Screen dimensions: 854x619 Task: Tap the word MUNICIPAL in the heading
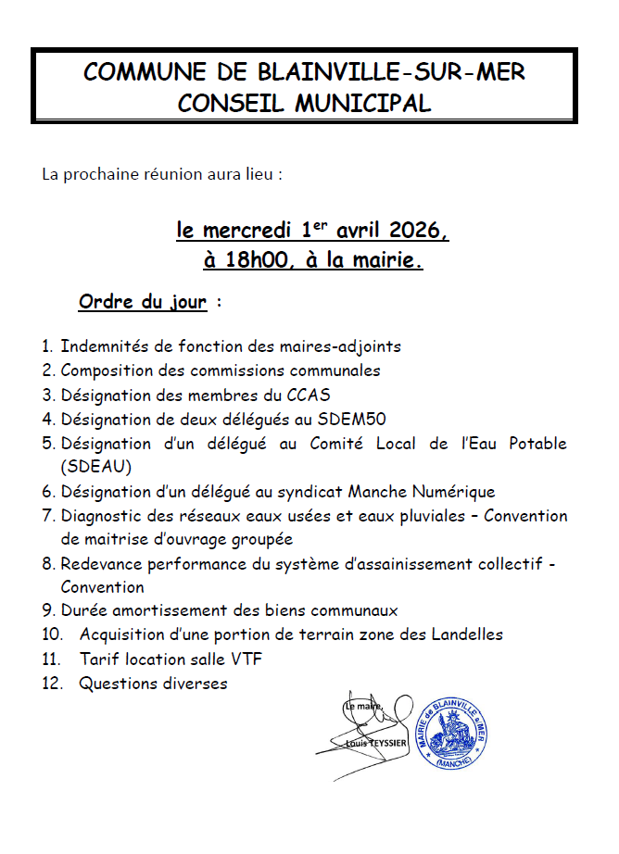(362, 104)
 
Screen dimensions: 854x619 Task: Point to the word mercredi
(249, 229)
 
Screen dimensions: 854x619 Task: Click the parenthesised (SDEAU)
(96, 467)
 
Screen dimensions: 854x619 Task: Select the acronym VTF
(256, 659)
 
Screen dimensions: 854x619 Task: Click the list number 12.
(51, 684)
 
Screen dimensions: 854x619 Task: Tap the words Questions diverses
(154, 684)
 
